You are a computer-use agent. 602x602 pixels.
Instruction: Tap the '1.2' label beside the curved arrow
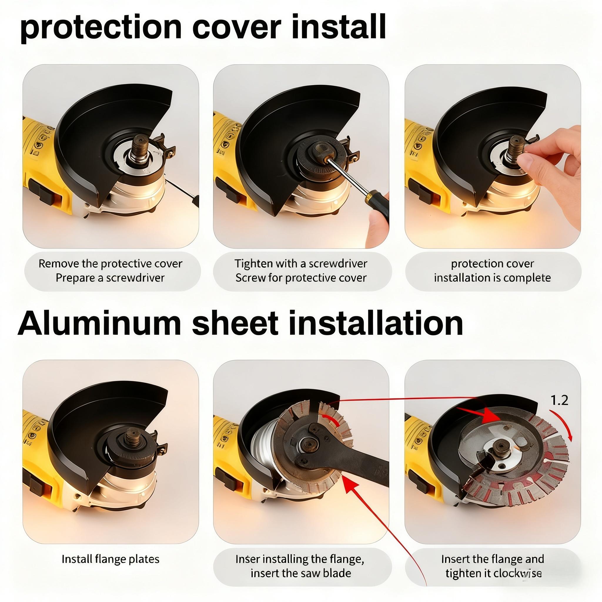coord(559,400)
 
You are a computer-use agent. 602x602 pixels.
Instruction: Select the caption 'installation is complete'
coord(492,277)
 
